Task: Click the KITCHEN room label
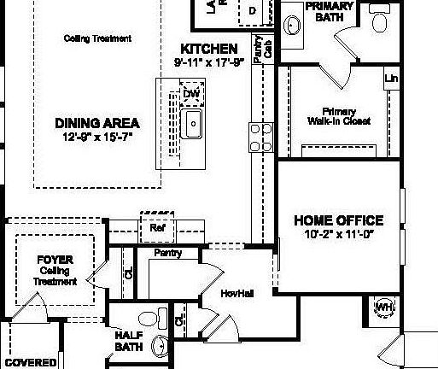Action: (x=208, y=49)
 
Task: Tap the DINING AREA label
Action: (x=96, y=122)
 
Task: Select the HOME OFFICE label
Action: (x=338, y=220)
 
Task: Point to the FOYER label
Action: (x=54, y=259)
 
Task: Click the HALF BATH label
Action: (x=129, y=342)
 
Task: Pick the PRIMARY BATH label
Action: (x=328, y=11)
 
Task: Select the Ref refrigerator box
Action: (x=156, y=228)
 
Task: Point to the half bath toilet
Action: (x=150, y=320)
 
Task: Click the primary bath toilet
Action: (x=380, y=19)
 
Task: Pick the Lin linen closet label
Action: (x=392, y=79)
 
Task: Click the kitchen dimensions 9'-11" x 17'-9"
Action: (x=209, y=61)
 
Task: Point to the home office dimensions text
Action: (x=338, y=234)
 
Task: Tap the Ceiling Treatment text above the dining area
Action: (x=97, y=38)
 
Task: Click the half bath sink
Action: (x=160, y=346)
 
